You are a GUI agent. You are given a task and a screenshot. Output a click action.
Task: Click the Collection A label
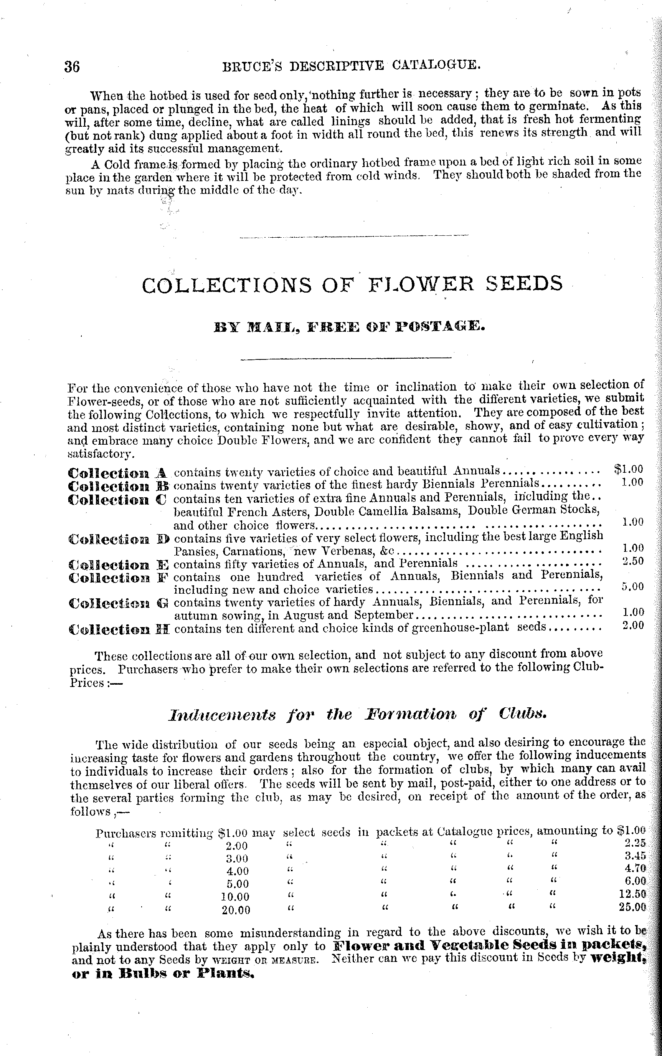point(118,473)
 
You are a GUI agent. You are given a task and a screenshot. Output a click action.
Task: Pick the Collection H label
point(119,629)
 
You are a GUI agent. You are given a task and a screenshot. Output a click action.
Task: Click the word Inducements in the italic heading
point(222,715)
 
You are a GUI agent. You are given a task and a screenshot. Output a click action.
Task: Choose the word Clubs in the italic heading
point(522,714)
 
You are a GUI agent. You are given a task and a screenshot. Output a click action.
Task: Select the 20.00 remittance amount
point(236,910)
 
